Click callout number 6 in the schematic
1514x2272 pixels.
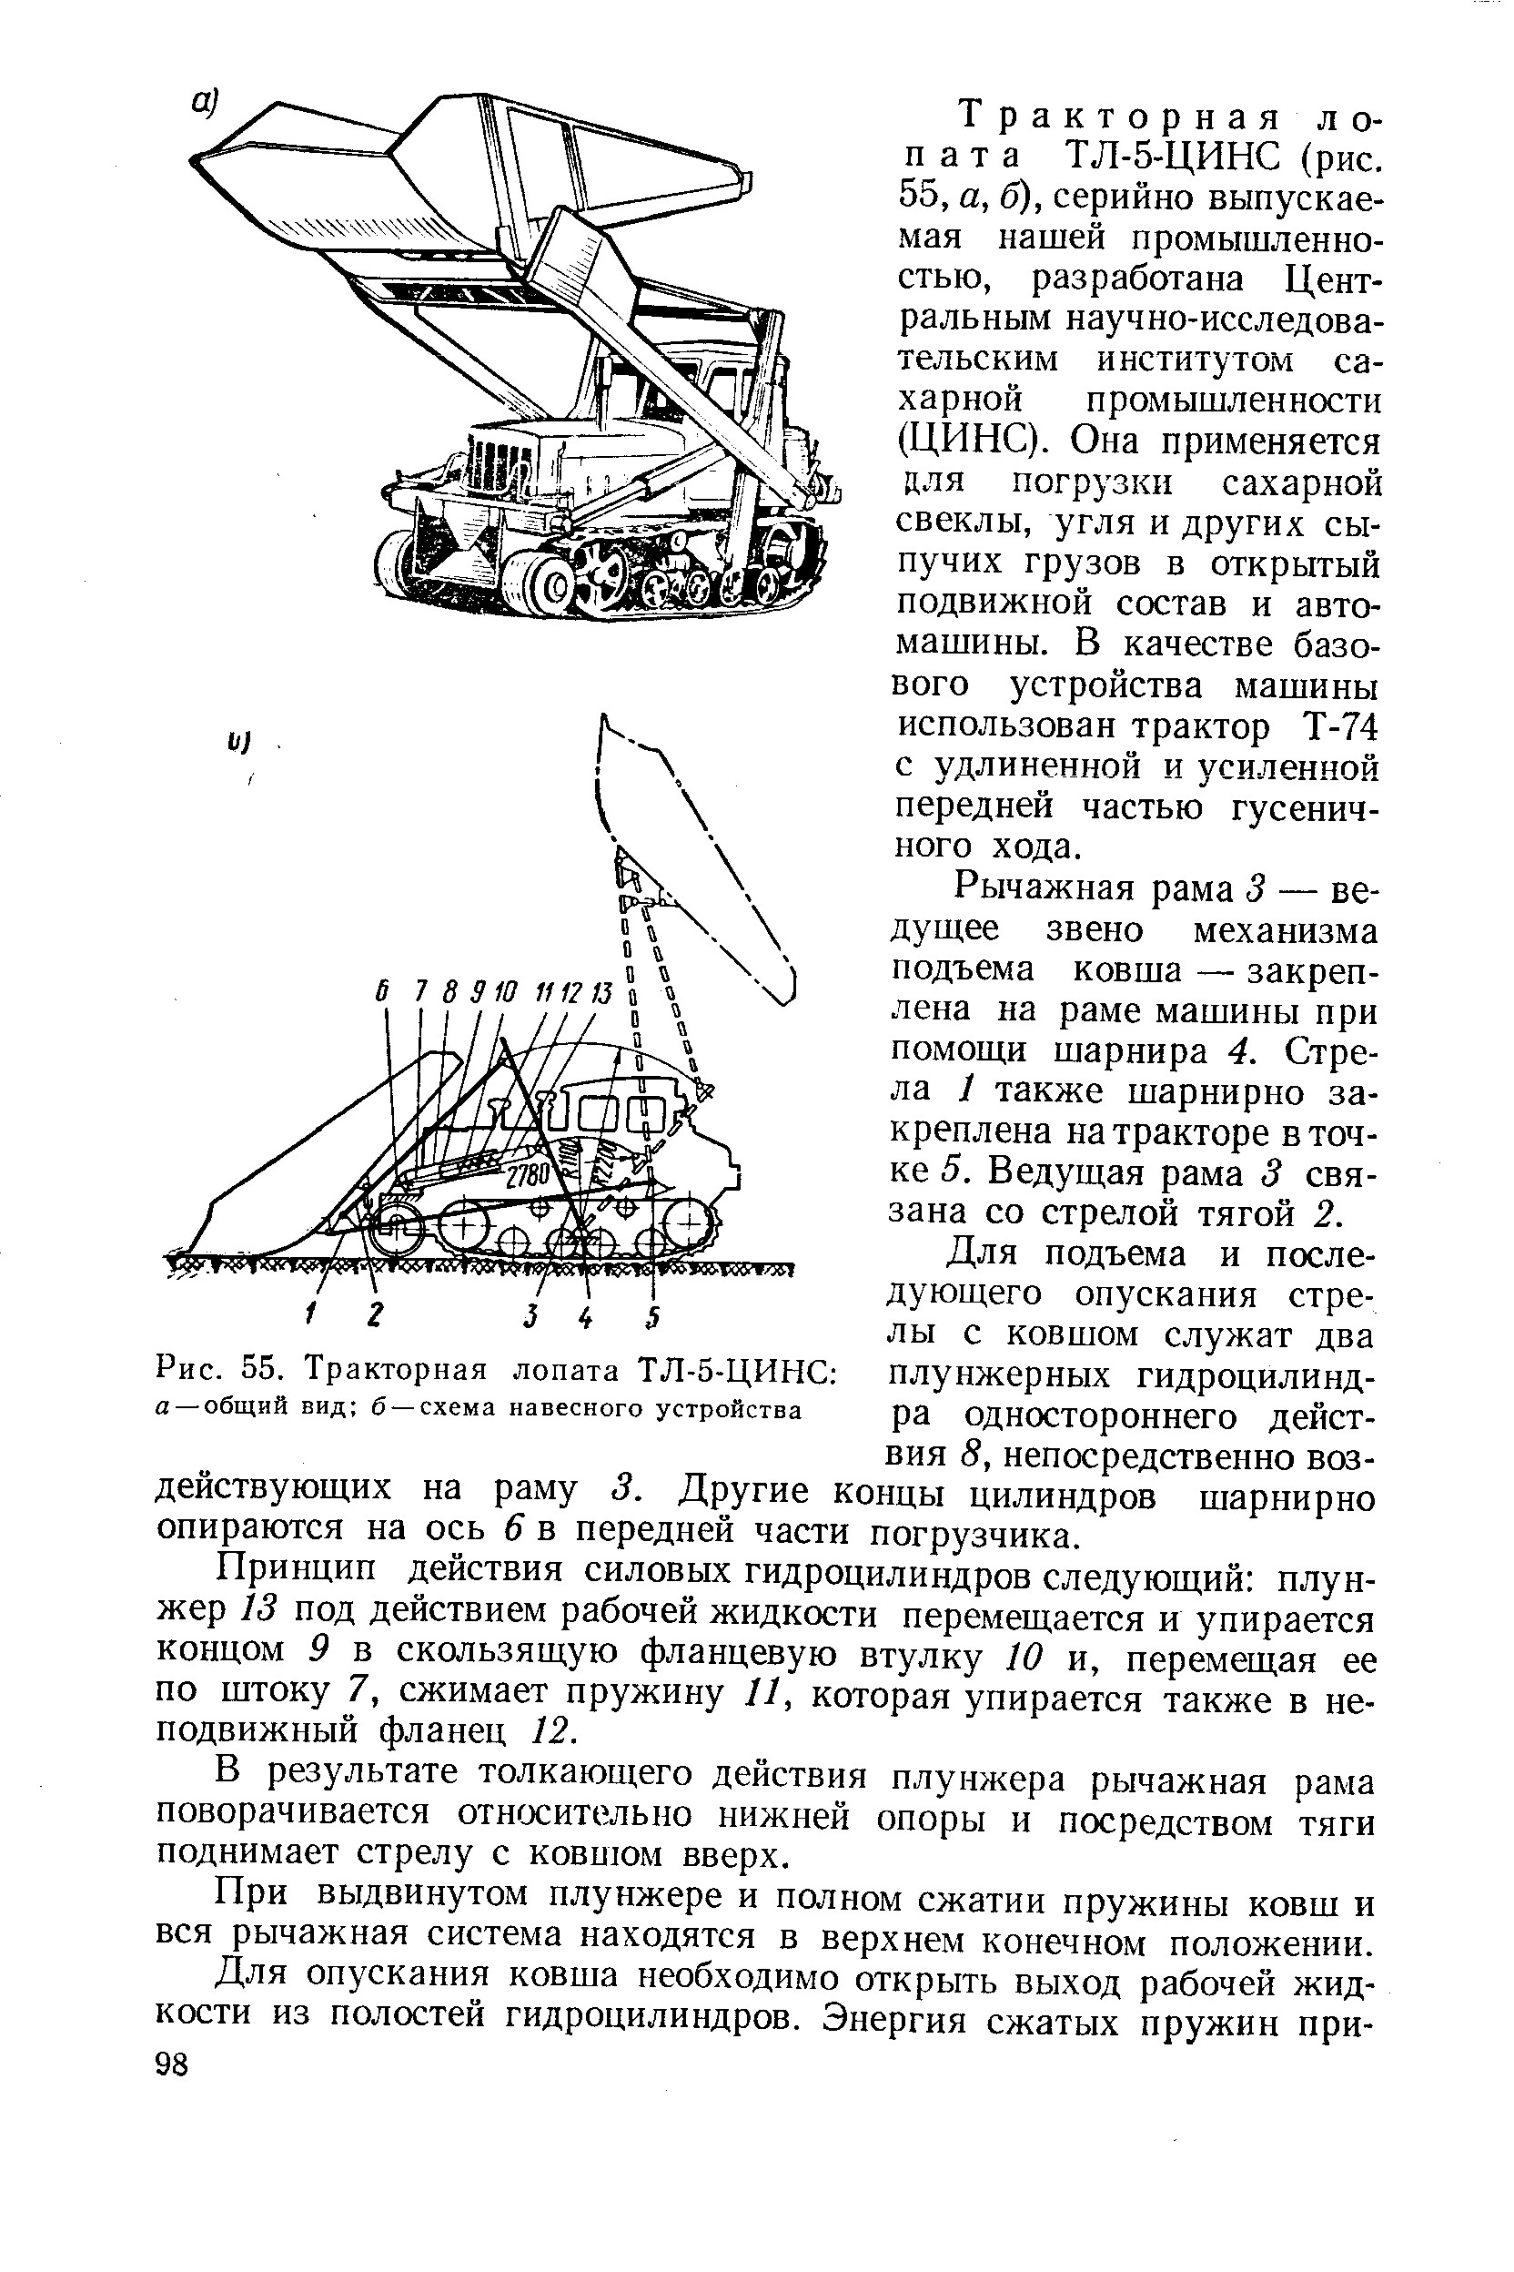(383, 992)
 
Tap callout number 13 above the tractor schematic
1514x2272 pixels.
(601, 992)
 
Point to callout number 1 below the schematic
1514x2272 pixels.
(312, 1314)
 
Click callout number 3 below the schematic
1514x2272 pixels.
(530, 1315)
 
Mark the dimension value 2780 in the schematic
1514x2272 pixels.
(527, 1177)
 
